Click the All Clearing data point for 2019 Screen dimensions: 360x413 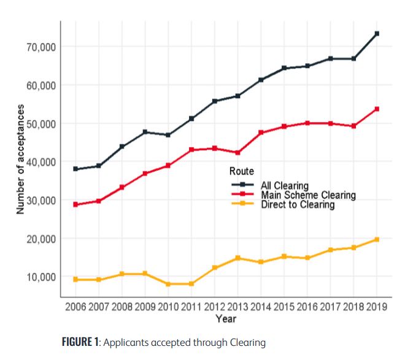click(377, 33)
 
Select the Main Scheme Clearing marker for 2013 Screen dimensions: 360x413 click(237, 153)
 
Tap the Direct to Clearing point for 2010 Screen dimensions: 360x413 click(168, 284)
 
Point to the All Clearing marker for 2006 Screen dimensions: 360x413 click(75, 169)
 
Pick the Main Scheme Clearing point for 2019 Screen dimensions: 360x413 click(377, 109)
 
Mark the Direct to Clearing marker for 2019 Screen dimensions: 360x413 click(377, 239)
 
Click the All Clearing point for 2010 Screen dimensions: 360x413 click(168, 135)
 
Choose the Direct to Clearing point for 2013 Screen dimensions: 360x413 click(237, 258)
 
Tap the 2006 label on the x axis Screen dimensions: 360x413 click(75, 307)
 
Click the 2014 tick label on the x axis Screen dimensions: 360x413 click(261, 307)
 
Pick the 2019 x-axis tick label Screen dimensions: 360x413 click(376, 307)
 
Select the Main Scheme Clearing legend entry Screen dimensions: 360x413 click(307, 195)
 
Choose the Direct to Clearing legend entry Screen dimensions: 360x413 click(297, 204)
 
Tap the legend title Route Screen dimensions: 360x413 click(241, 170)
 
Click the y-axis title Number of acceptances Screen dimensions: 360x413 click(20, 159)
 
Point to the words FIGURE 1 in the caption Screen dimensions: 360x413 click(80, 342)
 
